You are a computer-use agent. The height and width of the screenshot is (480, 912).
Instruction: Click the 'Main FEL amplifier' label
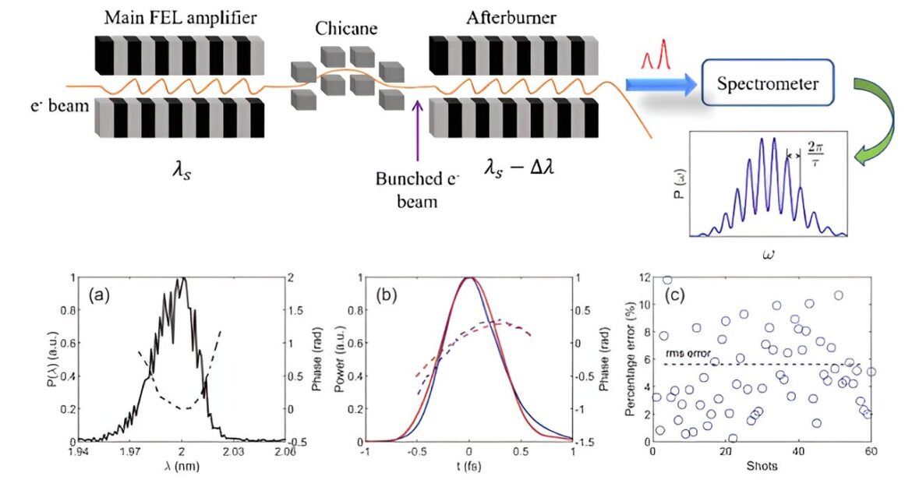pos(180,17)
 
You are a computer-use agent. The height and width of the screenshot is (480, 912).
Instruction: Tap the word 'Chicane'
pos(346,29)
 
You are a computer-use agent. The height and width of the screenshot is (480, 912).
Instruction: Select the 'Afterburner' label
pos(511,17)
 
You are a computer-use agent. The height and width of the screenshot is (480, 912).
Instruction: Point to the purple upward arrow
pos(417,131)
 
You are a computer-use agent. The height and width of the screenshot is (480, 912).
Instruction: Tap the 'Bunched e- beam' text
pos(417,189)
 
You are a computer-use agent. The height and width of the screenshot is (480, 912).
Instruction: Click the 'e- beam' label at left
pos(60,106)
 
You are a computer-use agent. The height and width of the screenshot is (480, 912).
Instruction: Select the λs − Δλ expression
pos(519,168)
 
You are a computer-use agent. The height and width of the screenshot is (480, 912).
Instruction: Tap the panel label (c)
pos(675,295)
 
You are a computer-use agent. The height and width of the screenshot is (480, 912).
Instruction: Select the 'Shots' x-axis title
pos(762,466)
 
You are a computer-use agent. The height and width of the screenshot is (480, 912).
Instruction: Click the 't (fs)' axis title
pos(468,466)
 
